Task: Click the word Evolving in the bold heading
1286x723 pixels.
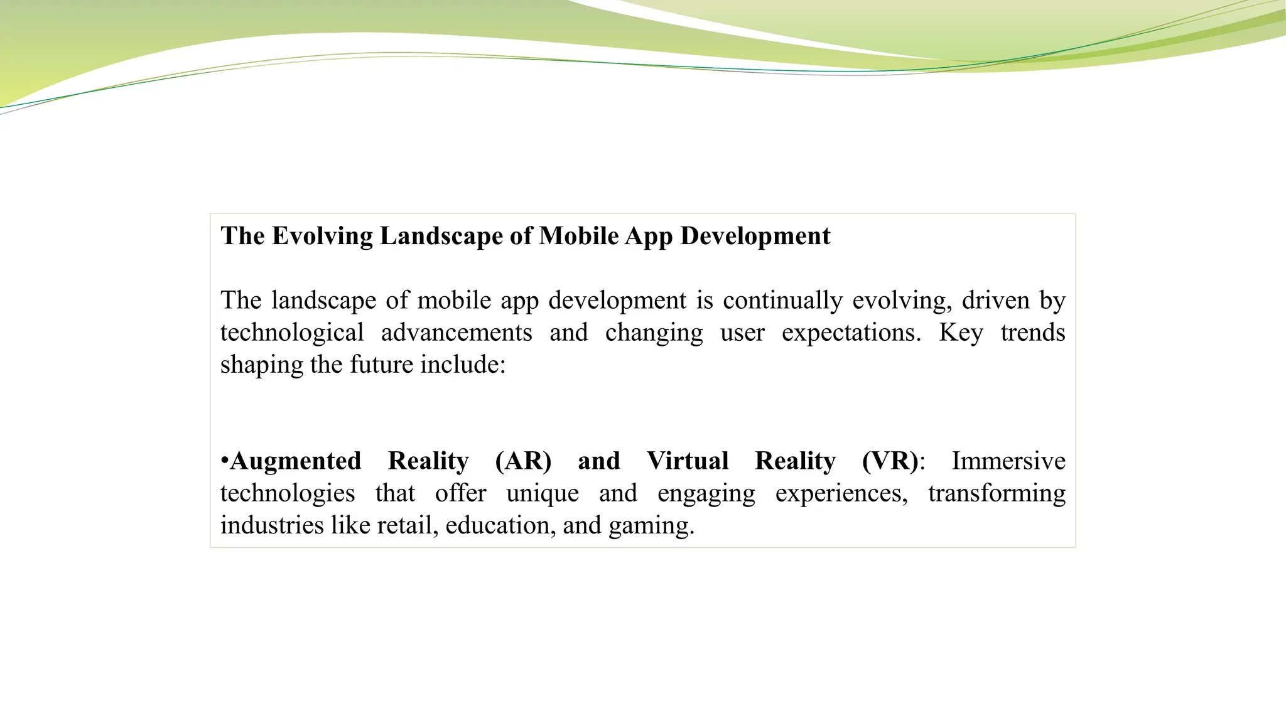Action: tap(322, 236)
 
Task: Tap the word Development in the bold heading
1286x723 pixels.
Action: tap(755, 236)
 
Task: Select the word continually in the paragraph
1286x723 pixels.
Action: tap(782, 300)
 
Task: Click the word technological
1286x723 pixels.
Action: tap(292, 333)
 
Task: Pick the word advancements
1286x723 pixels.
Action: tap(457, 333)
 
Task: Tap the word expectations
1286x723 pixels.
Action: tap(851, 333)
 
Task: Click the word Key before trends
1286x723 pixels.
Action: tap(961, 333)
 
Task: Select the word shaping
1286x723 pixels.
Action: tap(261, 365)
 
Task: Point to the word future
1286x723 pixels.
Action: tap(382, 365)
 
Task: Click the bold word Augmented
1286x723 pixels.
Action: tap(295, 461)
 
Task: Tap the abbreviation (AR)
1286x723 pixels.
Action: tap(523, 461)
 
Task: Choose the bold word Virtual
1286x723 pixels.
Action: tap(688, 461)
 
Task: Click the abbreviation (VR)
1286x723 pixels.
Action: tap(890, 461)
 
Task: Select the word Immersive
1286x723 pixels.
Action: tap(1008, 461)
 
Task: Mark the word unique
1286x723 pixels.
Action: tap(543, 493)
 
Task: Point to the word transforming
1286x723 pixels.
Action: tap(997, 493)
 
